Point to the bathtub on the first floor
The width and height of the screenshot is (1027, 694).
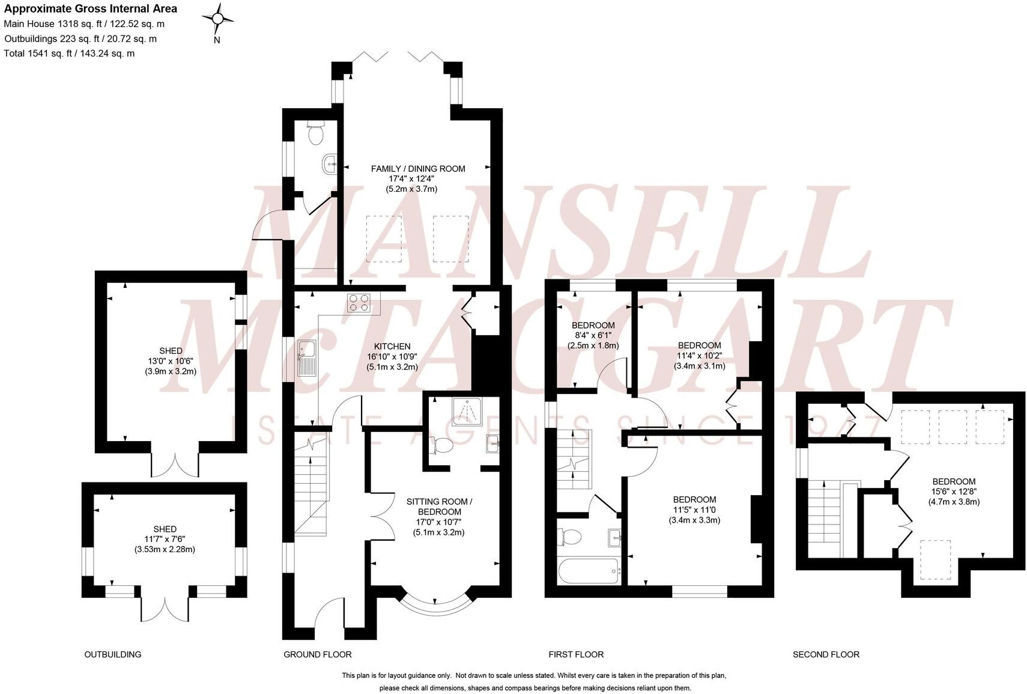coord(589,571)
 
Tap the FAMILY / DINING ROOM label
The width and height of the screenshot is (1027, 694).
coord(417,169)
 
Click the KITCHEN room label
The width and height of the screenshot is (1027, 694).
coord(392,347)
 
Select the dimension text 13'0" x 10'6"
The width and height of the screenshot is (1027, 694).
coord(171,361)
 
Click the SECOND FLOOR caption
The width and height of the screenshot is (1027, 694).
coord(826,654)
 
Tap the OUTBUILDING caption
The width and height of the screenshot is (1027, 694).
coord(113,654)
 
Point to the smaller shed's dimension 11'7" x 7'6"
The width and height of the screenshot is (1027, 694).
coord(165,539)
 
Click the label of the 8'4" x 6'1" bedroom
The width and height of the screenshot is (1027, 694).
coord(593,326)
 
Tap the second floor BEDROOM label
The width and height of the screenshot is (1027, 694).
coord(954,481)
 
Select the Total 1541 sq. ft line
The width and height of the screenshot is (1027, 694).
coord(69,53)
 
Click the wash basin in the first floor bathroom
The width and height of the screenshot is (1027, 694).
coord(614,537)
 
